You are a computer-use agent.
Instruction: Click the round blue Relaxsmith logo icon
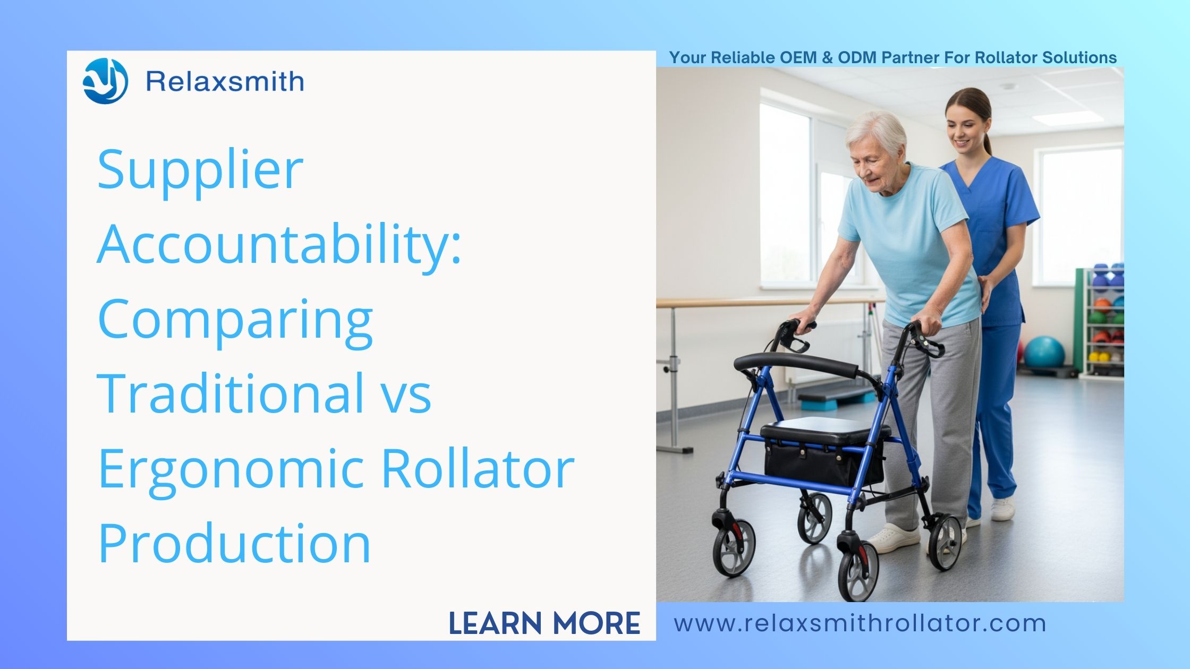click(105, 81)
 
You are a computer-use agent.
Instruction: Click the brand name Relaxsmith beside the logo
click(225, 82)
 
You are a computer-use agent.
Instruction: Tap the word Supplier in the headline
click(200, 170)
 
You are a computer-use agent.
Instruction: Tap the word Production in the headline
click(234, 543)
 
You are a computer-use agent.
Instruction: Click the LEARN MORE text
click(545, 623)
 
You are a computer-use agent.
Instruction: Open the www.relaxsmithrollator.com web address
click(860, 623)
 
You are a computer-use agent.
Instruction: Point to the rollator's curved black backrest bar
click(797, 364)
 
